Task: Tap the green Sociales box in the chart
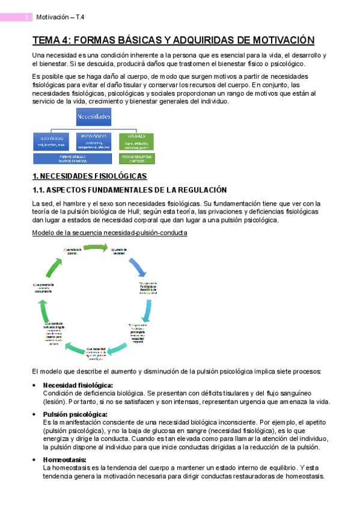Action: (x=136, y=141)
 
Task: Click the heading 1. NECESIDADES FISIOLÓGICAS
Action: (x=89, y=176)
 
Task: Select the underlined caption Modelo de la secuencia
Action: (x=109, y=232)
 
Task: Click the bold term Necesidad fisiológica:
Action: (x=78, y=385)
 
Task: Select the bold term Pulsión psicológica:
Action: (x=75, y=414)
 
